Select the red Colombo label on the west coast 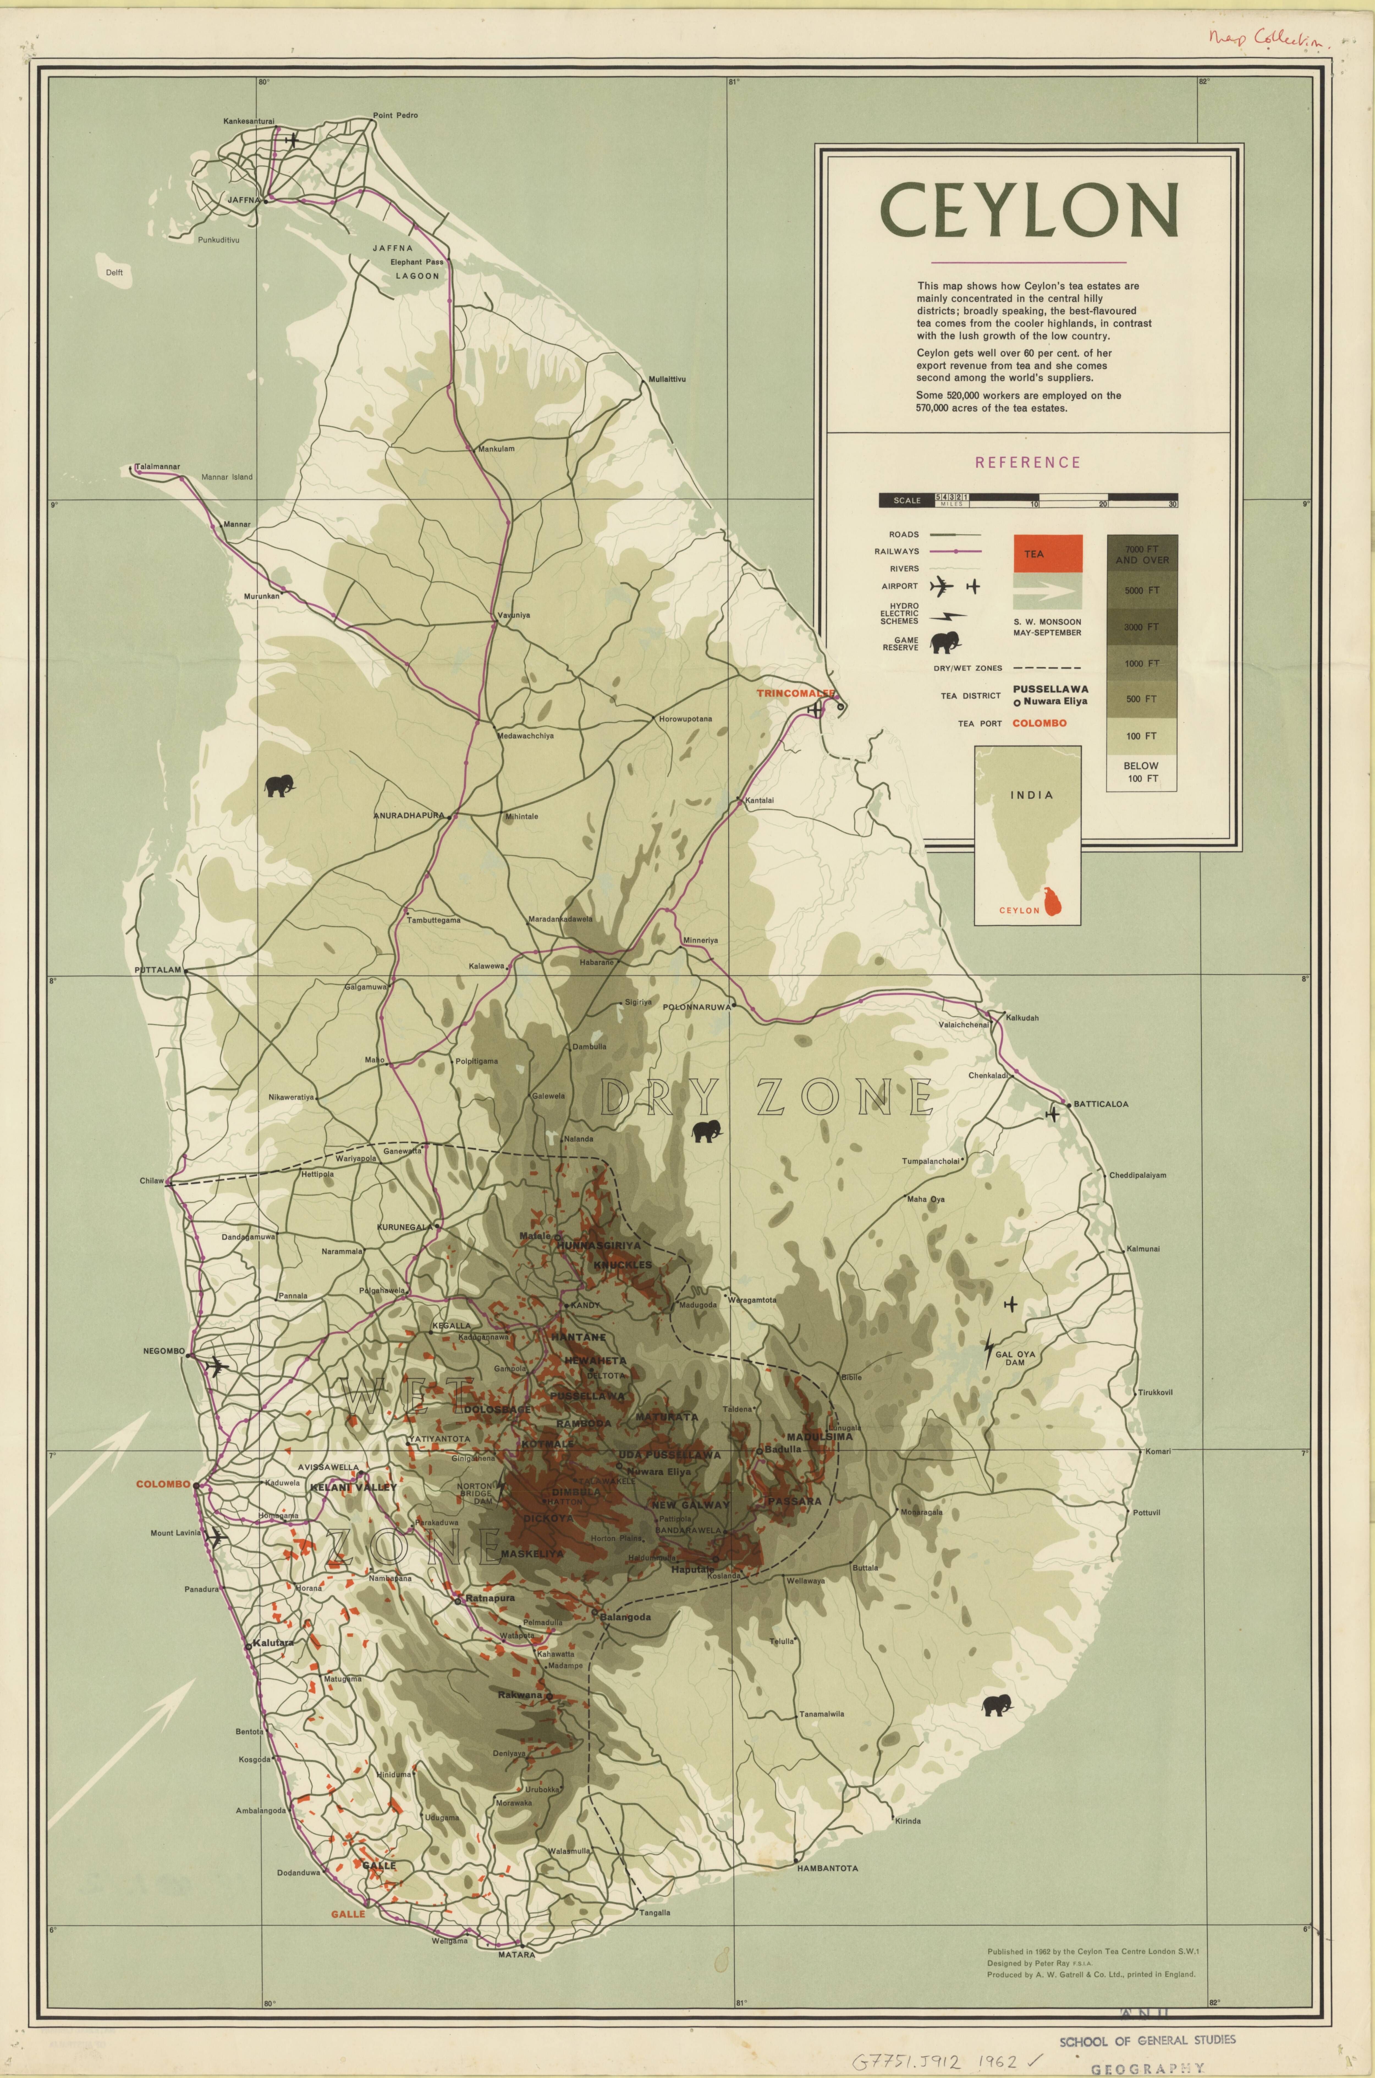(163, 1484)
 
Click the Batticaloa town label (1101, 1104)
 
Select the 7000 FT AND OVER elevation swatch (1142, 554)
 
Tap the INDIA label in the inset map (1031, 794)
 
